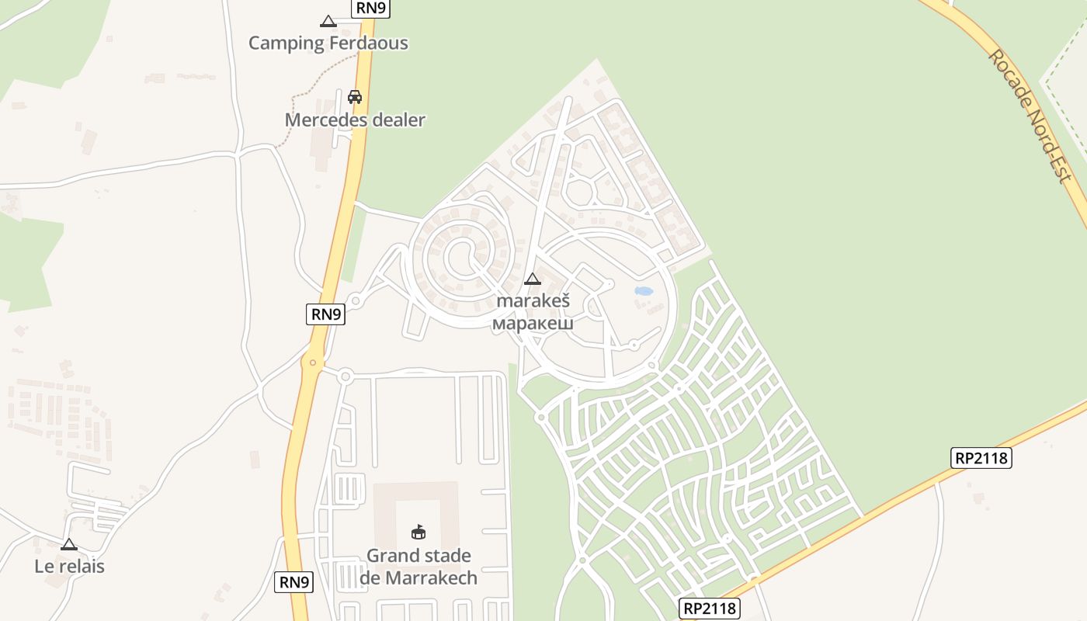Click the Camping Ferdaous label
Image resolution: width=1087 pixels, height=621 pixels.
[x=328, y=43]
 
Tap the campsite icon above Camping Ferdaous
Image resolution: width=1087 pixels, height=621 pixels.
[x=328, y=22]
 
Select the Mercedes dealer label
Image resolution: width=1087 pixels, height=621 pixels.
[x=355, y=120]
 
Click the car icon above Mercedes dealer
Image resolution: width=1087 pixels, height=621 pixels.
[x=355, y=97]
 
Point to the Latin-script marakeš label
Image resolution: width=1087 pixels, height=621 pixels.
[x=533, y=301]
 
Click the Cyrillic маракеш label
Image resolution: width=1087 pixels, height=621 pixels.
[x=533, y=323]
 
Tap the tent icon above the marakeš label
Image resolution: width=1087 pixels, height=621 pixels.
[x=533, y=279]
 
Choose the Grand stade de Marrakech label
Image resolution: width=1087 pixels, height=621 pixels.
[x=418, y=567]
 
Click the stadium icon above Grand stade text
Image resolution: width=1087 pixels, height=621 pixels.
[x=418, y=533]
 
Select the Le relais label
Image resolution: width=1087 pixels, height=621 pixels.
[x=69, y=567]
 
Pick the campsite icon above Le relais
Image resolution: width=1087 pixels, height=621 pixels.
[x=69, y=545]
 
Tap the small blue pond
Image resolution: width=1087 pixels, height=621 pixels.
[x=644, y=292]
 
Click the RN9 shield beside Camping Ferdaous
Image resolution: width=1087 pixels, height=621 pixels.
[x=370, y=9]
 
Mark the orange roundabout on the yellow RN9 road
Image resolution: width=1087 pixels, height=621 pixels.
[x=313, y=362]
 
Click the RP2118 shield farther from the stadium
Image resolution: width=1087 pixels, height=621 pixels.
[x=981, y=458]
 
